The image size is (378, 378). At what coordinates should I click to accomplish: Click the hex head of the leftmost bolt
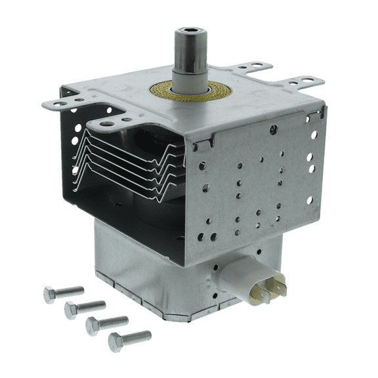click(49, 295)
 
